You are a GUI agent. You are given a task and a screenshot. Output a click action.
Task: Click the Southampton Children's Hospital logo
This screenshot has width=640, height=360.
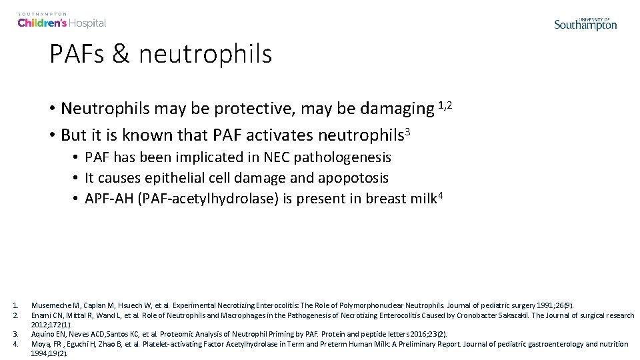point(61,20)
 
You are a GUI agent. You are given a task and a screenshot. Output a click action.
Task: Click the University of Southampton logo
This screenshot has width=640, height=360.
point(585,23)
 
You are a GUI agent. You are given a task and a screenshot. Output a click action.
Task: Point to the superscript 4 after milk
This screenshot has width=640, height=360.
point(439,195)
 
